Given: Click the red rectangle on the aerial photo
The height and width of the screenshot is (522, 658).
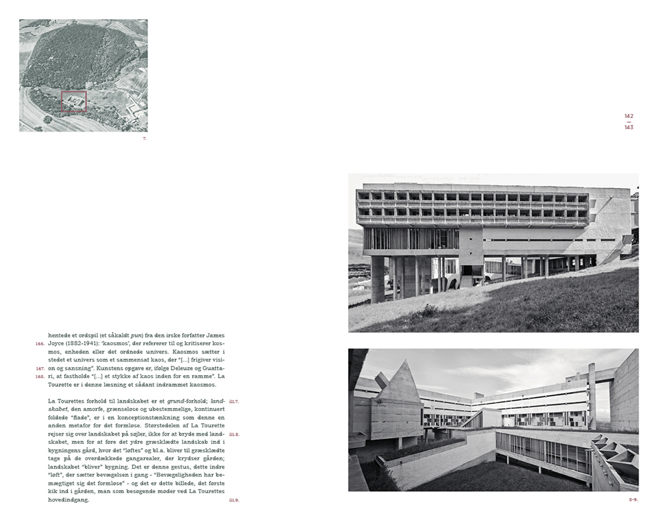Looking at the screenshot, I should coord(74,101).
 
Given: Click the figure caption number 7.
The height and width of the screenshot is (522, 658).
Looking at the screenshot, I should coord(144,139).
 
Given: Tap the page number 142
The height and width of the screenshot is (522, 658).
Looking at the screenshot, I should coord(629,116).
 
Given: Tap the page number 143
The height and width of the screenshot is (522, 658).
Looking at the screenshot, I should coord(629,128).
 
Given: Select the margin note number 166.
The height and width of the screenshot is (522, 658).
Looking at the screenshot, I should coord(40,344).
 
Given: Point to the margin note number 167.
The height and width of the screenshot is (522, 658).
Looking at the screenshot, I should coord(40,368).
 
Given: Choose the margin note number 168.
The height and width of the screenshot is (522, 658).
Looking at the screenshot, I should coord(40,377).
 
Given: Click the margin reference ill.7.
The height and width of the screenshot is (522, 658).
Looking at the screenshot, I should coord(234,401).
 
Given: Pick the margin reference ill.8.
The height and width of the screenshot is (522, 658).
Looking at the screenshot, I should coord(234,434).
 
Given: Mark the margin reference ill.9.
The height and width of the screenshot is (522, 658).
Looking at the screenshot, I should coord(234,500).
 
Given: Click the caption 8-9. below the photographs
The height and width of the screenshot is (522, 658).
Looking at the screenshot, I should coord(633,499).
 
